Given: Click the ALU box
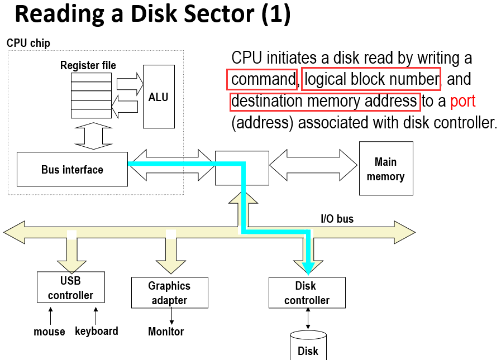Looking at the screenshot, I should pos(159,97).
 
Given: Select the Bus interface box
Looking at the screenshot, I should pos(72,169).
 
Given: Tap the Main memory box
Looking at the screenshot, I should pos(385,169).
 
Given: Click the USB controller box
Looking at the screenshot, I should pos(70,287).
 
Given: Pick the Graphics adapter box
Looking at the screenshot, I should pos(169,293).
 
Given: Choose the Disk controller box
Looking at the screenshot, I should pos(307,293).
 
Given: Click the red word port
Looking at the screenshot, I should pos(462,101).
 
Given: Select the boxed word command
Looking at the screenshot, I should pos(263,79).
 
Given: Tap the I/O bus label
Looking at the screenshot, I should pos(337,219).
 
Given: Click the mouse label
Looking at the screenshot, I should pos(49,332).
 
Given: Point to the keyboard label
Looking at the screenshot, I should pos(97,331).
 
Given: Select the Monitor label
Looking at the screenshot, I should pos(166,332).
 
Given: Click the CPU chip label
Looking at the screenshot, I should pos(28,43).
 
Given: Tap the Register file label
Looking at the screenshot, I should pos(88,66).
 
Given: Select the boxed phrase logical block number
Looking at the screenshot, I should pos(371,79).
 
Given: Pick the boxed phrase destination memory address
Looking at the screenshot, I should pos(325,101).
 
